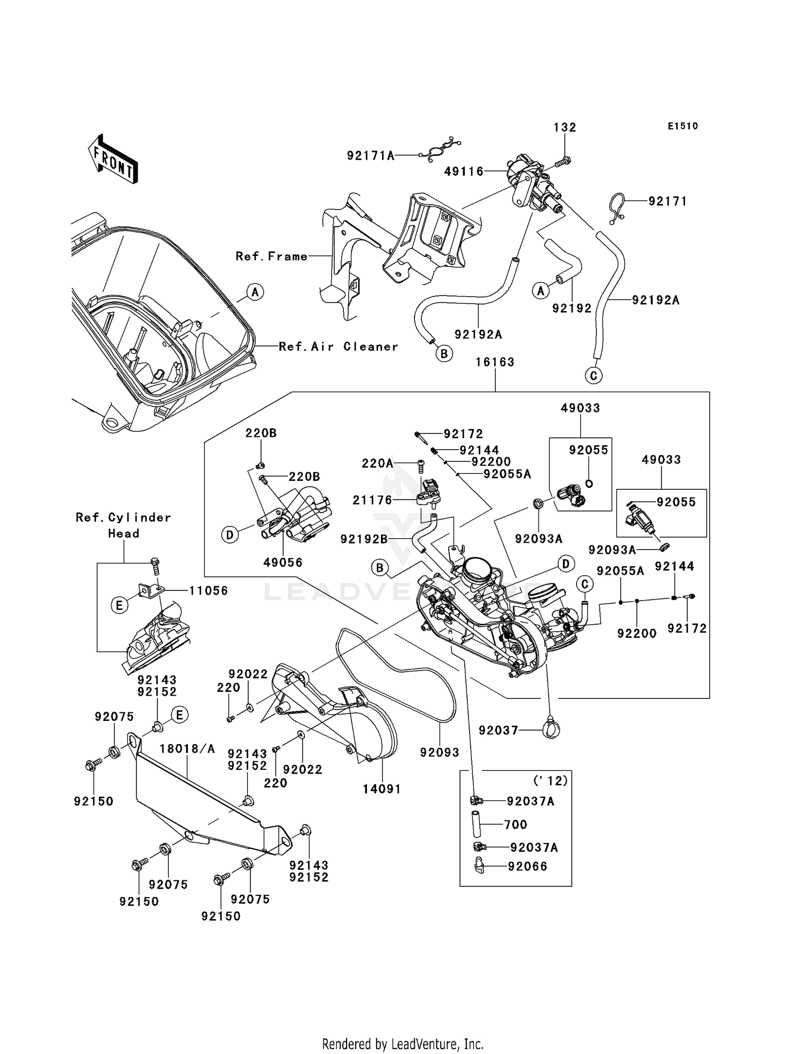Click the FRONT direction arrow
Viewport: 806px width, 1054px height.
(x=113, y=160)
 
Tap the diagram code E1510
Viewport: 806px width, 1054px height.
(x=682, y=126)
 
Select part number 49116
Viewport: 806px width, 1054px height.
(x=464, y=171)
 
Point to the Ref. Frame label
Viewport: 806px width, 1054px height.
(x=271, y=256)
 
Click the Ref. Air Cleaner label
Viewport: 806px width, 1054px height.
(x=339, y=346)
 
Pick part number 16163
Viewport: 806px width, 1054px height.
(x=495, y=362)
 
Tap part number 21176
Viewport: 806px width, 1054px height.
(x=372, y=500)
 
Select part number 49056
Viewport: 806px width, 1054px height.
(x=283, y=562)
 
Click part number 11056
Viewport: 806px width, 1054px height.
(x=208, y=591)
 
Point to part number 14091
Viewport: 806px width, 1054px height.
(x=382, y=789)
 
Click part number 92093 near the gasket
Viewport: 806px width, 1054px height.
(x=440, y=753)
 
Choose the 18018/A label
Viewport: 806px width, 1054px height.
(x=187, y=749)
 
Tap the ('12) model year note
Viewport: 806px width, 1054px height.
(x=550, y=781)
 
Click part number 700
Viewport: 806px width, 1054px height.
(x=515, y=825)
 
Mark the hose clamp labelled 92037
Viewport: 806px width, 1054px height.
(x=551, y=730)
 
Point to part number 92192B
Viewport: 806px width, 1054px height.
(x=364, y=539)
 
